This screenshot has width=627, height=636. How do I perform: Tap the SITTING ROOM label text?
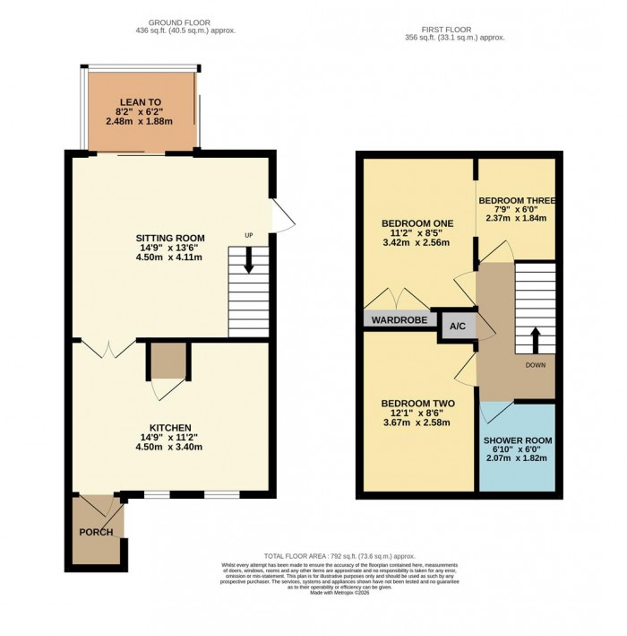(170, 238)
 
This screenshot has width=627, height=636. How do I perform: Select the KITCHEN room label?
(170, 427)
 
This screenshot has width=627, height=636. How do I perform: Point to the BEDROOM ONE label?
(417, 222)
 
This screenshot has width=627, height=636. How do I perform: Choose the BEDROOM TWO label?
(417, 403)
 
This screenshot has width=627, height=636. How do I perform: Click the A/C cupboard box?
(456, 327)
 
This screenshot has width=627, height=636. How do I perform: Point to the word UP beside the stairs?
(249, 236)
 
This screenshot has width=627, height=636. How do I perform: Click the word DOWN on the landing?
(536, 365)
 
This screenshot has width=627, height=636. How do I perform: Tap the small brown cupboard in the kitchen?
(167, 361)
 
